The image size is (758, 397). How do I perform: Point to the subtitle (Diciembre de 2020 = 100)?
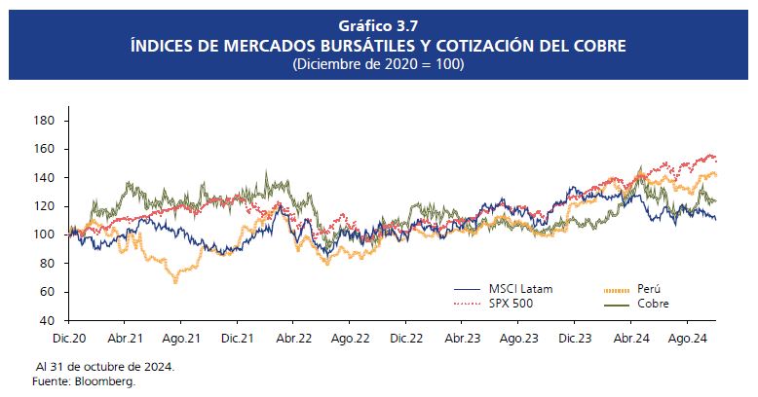coord(378,64)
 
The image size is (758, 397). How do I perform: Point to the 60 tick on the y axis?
coord(46,292)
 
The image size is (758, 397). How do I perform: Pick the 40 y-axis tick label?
coord(46,320)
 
